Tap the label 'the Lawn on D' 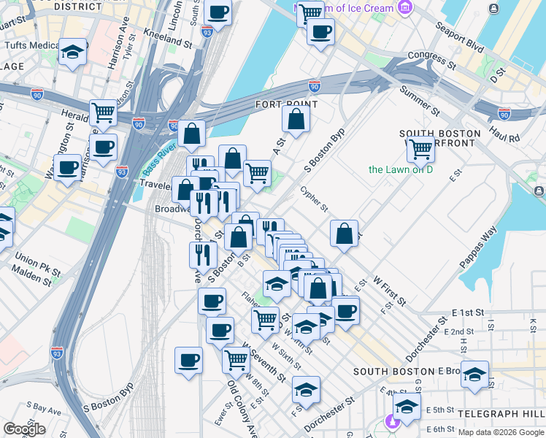pyautogui.click(x=401, y=170)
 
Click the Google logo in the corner pyautogui.click(x=24, y=429)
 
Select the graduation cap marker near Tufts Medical pyautogui.click(x=73, y=52)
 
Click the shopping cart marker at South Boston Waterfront pyautogui.click(x=420, y=148)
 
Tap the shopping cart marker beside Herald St pyautogui.click(x=104, y=112)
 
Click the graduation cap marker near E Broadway pyautogui.click(x=475, y=374)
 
